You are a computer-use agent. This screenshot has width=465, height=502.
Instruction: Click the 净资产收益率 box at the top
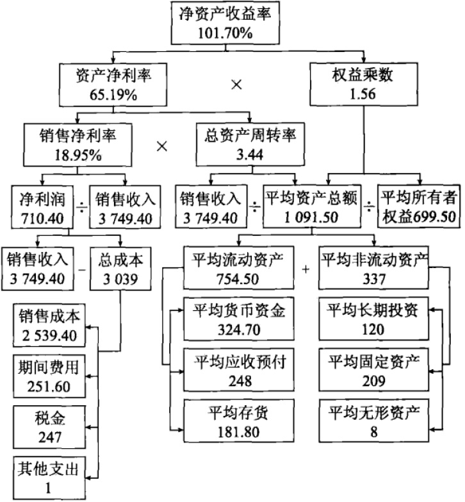click(225, 23)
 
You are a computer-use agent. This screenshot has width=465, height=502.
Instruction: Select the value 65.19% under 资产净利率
click(113, 95)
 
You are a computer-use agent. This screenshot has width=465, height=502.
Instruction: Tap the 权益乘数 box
click(364, 84)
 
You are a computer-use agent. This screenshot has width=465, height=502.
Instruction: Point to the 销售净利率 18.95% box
click(77, 145)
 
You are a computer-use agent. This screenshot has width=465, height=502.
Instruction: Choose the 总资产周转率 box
click(250, 144)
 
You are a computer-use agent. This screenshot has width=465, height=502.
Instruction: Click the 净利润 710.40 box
click(42, 207)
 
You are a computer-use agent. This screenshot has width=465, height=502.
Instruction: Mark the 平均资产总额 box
click(312, 206)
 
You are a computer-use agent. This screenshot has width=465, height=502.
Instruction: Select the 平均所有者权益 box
click(419, 206)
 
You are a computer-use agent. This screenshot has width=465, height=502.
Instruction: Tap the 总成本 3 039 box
click(120, 269)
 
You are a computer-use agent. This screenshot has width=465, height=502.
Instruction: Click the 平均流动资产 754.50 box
click(238, 268)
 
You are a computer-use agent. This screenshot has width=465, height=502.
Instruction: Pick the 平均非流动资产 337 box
click(374, 268)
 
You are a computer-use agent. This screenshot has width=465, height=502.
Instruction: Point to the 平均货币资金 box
click(238, 319)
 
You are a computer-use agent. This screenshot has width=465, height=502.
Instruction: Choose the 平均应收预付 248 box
click(238, 370)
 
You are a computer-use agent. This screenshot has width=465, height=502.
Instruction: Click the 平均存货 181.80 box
click(238, 421)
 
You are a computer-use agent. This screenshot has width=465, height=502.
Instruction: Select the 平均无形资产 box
click(374, 421)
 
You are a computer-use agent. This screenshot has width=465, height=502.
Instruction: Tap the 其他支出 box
click(49, 478)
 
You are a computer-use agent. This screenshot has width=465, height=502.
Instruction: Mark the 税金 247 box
click(49, 427)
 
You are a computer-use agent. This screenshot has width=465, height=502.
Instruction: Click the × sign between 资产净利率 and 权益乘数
click(236, 85)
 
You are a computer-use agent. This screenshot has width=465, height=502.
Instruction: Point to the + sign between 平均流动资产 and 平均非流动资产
click(306, 269)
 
